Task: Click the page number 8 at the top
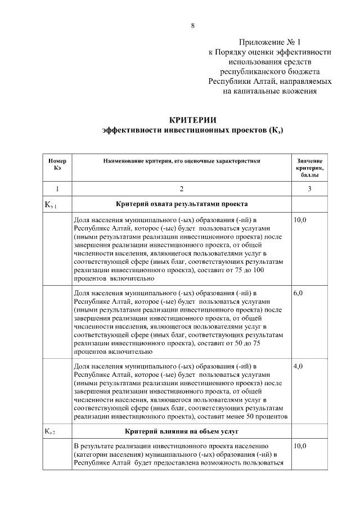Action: [193, 26]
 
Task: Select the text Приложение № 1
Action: [271, 42]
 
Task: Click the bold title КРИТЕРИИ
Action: [193, 120]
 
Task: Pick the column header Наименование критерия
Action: [181, 161]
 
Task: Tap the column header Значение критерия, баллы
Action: [309, 168]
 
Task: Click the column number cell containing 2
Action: [181, 189]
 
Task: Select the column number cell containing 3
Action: [309, 189]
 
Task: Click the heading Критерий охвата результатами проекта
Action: [181, 204]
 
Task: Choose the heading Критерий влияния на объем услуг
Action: [181, 431]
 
